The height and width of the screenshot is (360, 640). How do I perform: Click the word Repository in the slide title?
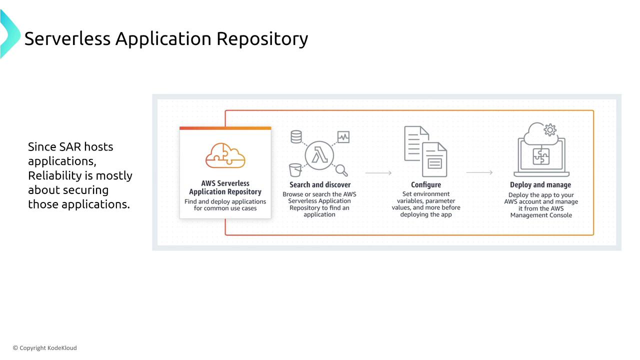pos(262,39)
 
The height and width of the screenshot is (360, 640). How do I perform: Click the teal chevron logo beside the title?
pos(10,34)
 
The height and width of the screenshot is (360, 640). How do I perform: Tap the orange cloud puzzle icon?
pos(225,155)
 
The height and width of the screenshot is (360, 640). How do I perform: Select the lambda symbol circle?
pos(319,155)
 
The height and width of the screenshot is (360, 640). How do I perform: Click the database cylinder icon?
pos(296,137)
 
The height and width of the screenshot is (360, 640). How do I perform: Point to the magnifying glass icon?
pos(341,170)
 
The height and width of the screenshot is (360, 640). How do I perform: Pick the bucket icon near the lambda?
pos(295,170)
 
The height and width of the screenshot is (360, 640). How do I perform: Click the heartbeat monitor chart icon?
pos(343,137)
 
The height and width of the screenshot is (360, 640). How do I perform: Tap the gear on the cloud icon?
pos(550,130)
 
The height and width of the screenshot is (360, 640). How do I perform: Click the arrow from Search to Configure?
pos(378,173)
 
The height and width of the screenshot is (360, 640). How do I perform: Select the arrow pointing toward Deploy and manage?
pos(479,172)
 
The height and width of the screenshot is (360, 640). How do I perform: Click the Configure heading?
pos(425,185)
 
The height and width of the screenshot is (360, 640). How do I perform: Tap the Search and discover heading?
pos(320,185)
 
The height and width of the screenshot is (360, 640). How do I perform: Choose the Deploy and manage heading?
pos(540,185)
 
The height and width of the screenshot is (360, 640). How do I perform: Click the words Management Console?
pos(541,215)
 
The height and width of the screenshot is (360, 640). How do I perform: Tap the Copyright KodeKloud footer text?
pos(45,348)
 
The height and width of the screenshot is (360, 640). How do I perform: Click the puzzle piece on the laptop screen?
pos(541,156)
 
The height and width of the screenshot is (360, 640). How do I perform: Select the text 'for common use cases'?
pos(225,208)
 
